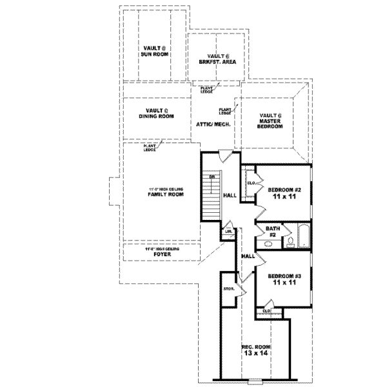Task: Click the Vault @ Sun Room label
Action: pos(155,51)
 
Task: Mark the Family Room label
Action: pos(162,192)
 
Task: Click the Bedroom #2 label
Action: pos(284,193)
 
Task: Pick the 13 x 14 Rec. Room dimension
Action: pos(256,353)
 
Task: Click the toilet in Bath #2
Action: pos(291,243)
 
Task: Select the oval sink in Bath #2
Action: pos(268,244)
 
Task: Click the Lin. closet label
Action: pos(229,230)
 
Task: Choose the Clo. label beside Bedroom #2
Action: pos(250,183)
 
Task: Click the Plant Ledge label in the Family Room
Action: pos(149,148)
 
